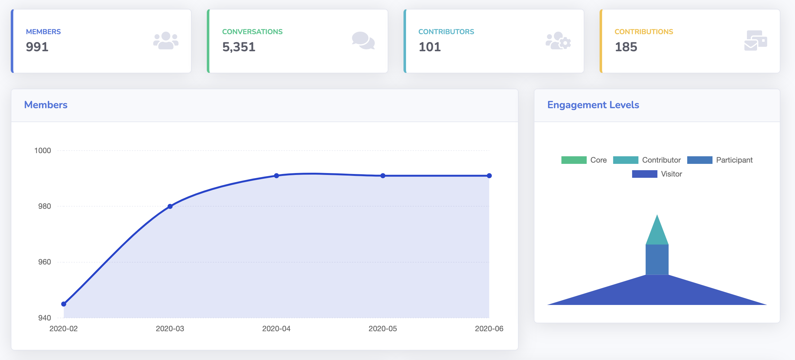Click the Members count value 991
pos(37,47)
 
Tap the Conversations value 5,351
pos(239,47)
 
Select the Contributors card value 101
pos(430,47)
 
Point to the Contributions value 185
pos(626,47)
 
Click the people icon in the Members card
pos(166,40)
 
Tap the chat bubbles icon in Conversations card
pos(363,40)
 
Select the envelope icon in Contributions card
pos(755,40)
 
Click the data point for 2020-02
pos(64,304)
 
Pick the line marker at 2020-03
pos(170,206)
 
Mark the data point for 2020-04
pos(276,176)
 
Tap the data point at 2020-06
pos(489,176)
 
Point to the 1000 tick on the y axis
pos(43,151)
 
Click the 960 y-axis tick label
pos(45,262)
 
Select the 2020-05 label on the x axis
pos(383,329)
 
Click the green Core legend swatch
pos(574,160)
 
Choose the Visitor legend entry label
pos(671,174)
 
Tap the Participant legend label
pos(734,160)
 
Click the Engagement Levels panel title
pos(593,105)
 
